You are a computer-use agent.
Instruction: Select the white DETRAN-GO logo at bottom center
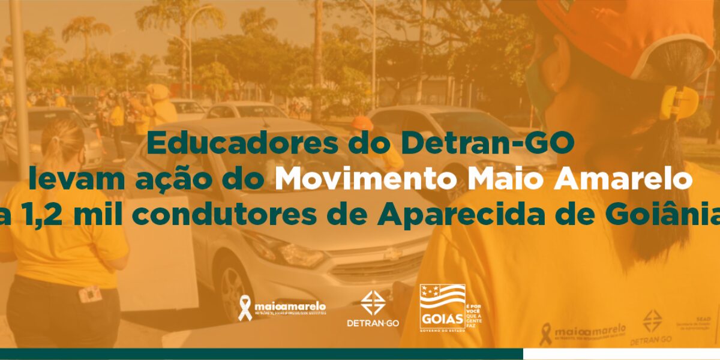(370, 308)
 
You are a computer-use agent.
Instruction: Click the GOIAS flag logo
(443, 307)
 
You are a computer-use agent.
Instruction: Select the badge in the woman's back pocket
(90, 294)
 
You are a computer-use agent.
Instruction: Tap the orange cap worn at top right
(612, 30)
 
